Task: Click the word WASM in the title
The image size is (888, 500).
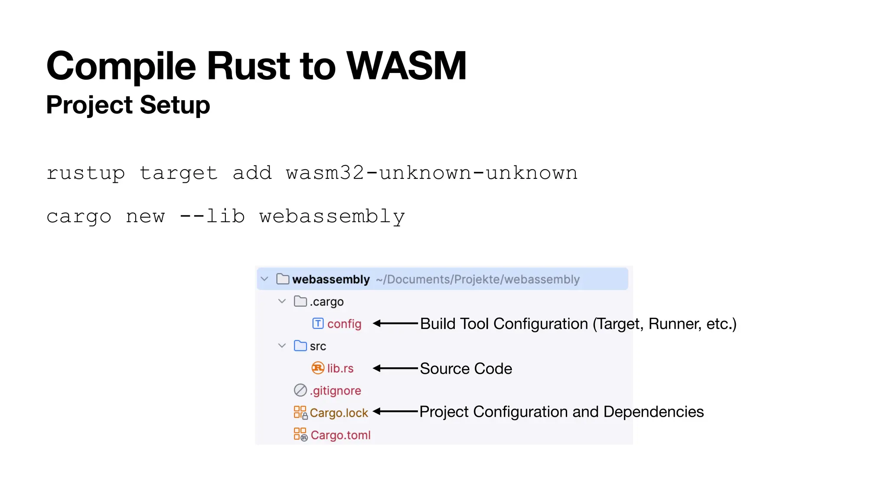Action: tap(406, 66)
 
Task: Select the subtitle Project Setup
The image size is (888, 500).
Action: tap(128, 105)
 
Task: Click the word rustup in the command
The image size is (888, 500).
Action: tap(85, 173)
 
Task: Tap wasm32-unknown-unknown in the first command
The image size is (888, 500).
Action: tap(431, 173)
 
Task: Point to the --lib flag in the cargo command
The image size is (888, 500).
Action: tap(212, 216)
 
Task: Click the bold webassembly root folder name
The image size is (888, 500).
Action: tap(331, 280)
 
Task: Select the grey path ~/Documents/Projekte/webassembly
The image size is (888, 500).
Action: tap(477, 280)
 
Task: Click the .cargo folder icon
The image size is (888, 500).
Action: tap(300, 301)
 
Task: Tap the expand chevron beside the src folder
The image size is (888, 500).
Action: tap(282, 346)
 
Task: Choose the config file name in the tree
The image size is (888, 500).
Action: tap(344, 324)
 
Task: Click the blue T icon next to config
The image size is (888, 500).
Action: tap(318, 323)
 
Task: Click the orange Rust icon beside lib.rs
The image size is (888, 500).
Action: tap(318, 368)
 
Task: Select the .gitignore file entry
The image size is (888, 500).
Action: tap(335, 391)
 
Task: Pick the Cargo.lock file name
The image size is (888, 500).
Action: tap(339, 413)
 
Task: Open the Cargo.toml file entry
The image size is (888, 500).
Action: tap(340, 435)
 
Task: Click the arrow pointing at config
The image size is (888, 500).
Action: tap(395, 323)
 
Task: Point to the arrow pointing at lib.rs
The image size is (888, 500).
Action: tap(395, 368)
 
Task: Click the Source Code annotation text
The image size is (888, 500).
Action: tap(466, 368)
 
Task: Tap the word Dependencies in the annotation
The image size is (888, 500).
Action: tap(653, 411)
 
